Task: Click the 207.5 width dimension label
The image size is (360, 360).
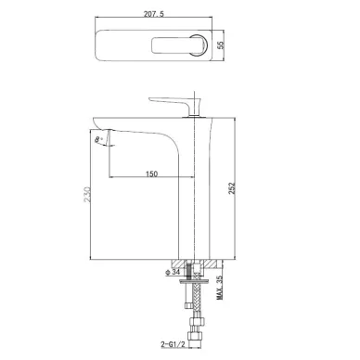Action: coord(154,14)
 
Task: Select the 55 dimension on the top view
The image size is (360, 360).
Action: coord(220,45)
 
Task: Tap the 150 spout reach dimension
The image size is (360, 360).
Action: coord(151,174)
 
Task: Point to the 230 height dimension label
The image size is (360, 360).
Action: coord(87,195)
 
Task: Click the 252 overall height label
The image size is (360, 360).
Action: coord(232,188)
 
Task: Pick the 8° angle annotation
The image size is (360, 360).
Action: coord(98,139)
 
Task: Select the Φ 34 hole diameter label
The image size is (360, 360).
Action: coord(173,272)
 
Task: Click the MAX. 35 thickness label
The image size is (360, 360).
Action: coord(220,288)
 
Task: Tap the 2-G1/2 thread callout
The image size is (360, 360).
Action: coord(173,344)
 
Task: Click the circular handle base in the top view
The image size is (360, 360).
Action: coord(199,45)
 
